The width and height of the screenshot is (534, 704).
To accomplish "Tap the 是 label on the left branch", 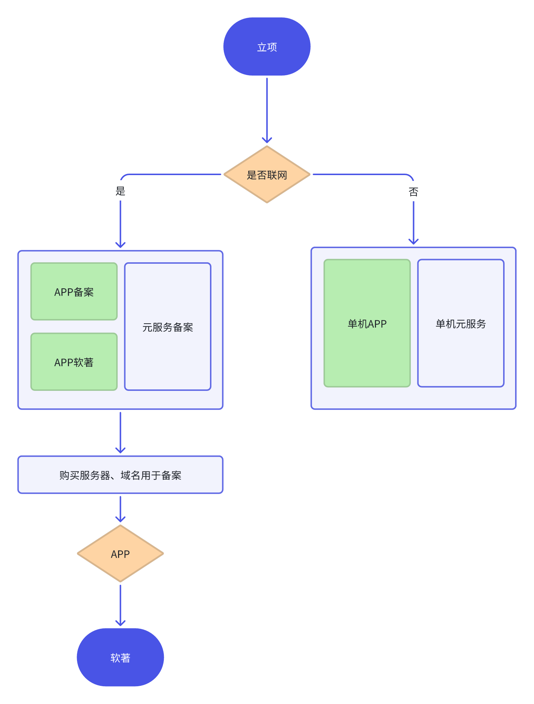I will point(120,191).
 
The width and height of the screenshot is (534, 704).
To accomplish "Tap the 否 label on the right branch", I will point(413,192).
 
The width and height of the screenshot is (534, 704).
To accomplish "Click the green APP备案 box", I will point(74,291).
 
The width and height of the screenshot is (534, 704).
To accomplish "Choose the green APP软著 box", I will point(74,362).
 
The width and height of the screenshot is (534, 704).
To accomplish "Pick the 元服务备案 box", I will point(167,327).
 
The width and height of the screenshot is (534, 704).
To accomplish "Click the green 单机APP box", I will point(367,323).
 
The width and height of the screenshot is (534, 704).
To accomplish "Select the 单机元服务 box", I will point(461,323).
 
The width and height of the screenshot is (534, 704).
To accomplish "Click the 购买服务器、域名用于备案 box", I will point(120,475).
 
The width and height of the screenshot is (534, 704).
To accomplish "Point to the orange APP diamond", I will point(120,554).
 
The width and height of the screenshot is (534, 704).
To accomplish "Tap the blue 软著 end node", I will point(120,657).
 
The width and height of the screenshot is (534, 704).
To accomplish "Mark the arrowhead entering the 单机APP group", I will point(413,242).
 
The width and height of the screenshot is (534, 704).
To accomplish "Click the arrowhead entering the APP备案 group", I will point(120,245).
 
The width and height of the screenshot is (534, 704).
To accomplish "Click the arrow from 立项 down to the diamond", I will point(267,109).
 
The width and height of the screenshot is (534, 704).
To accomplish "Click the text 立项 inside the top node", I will point(267,47).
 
